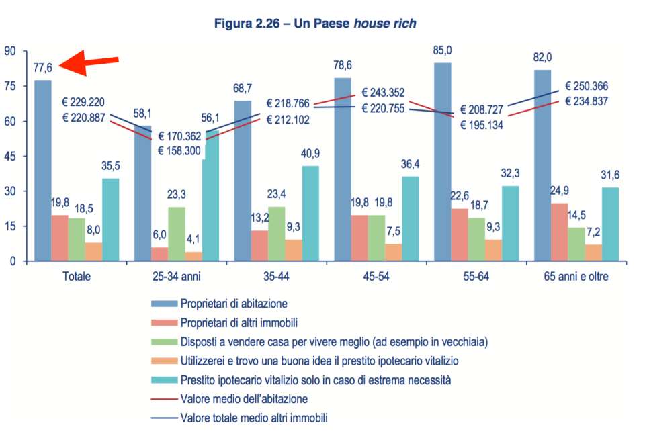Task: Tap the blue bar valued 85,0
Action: pos(443,161)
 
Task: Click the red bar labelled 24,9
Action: pos(560,232)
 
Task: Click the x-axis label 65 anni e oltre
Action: pos(576,276)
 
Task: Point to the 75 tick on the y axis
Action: pos(11,86)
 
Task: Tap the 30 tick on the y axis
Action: pos(11,191)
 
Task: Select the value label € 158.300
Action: pos(179,151)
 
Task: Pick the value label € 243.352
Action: pos(383,93)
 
